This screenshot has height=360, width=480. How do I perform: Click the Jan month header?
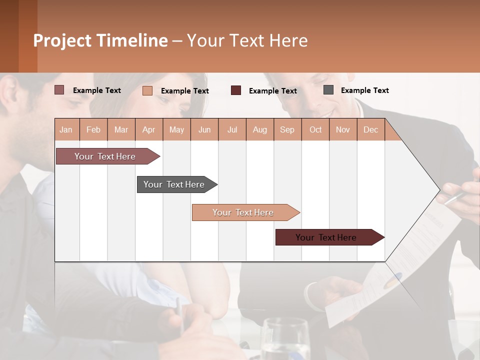tap(66, 130)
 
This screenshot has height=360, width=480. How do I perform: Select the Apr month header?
tap(148, 130)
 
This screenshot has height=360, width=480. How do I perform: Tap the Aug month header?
tap(259, 130)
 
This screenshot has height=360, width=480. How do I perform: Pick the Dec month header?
tap(370, 130)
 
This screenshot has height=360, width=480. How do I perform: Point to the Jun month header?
tap(204, 130)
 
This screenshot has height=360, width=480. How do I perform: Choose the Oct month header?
tap(315, 130)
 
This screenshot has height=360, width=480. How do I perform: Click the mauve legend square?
tap(59, 90)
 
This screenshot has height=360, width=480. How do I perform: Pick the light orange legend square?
tap(147, 90)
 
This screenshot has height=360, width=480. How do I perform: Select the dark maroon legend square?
tap(236, 90)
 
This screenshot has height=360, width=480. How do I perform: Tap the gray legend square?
tap(328, 90)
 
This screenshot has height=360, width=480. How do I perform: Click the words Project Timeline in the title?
tap(100, 40)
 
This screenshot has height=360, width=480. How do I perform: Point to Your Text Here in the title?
tap(247, 40)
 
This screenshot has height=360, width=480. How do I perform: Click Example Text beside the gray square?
tap(364, 90)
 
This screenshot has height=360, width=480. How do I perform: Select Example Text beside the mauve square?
tap(96, 90)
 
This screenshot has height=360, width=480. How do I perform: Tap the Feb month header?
tap(93, 130)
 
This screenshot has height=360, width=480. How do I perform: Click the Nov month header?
tap(343, 130)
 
